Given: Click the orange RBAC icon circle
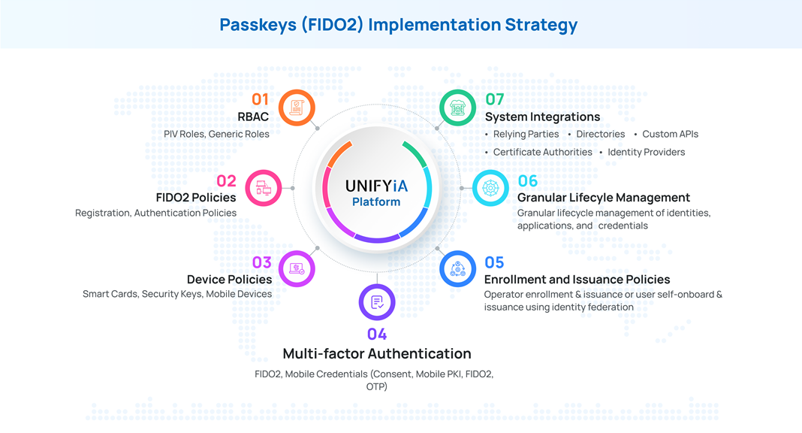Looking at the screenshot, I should [297, 107].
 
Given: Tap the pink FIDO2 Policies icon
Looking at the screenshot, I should [264, 188].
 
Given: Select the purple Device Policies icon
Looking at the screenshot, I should [297, 268].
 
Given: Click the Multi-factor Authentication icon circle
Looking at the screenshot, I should [377, 302].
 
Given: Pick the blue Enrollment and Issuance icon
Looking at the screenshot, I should [457, 269].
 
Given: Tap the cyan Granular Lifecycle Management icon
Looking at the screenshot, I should [490, 188].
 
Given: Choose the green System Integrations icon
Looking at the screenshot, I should [457, 107].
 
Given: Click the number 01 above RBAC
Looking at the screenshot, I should [260, 99].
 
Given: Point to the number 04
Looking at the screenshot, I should [377, 334].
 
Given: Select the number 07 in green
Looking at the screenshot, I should [495, 99].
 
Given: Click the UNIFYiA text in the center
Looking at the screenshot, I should [376, 186].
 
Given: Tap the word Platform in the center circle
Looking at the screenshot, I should [376, 202].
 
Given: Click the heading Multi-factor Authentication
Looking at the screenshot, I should [377, 353].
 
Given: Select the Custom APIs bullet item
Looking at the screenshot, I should [670, 134].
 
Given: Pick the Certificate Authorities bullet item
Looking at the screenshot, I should [542, 152].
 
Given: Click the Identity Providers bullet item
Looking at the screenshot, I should [646, 152].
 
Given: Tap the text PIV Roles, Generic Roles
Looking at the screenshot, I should [216, 134].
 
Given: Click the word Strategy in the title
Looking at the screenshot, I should [540, 25].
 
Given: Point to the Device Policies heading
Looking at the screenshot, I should [229, 279].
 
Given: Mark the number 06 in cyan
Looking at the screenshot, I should [528, 181].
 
